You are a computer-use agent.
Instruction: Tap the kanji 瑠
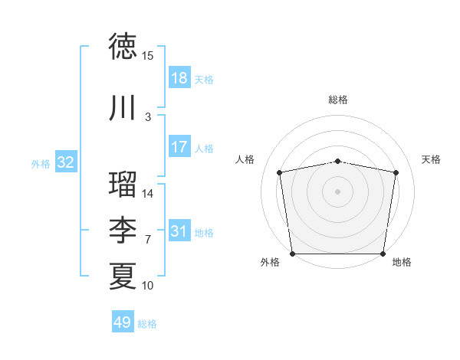pos(123,184)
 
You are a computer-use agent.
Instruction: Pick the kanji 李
pos(123,229)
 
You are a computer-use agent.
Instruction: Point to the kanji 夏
pos(123,275)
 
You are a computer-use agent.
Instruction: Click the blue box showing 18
pos(179,79)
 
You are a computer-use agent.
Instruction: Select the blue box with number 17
pos(179,148)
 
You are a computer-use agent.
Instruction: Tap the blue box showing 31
pos(179,232)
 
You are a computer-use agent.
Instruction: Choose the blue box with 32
pos(66,163)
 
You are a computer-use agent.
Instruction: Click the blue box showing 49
pos(123,323)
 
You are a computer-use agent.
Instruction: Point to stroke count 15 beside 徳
pos(148,56)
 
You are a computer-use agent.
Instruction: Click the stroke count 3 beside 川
pos(148,117)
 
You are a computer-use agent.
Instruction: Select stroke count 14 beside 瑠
pos(148,194)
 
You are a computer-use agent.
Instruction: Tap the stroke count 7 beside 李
pos(148,239)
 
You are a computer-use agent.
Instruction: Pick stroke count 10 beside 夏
pos(148,286)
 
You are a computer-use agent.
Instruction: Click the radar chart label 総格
pos(338,100)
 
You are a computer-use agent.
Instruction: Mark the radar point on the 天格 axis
pos(396,172)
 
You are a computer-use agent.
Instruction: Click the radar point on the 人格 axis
pos(280,172)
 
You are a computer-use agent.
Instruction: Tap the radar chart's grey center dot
pos(338,191)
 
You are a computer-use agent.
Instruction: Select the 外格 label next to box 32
pos(41,164)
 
